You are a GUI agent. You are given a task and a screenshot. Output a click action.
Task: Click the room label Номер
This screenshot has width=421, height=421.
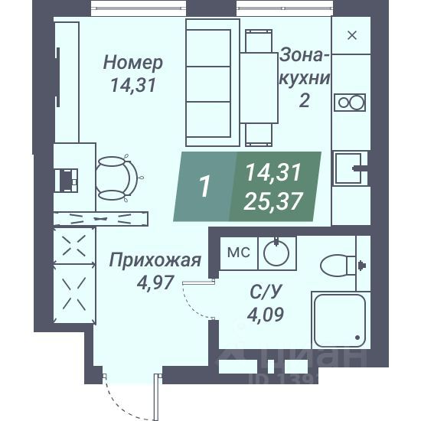click(x=133, y=62)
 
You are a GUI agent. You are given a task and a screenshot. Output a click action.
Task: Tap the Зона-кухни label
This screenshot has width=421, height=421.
click(x=304, y=67)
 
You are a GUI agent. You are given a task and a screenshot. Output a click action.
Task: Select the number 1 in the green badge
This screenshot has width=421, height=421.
click(x=204, y=187)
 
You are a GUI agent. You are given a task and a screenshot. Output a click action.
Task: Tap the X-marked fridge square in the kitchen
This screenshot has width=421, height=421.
click(x=352, y=35)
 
